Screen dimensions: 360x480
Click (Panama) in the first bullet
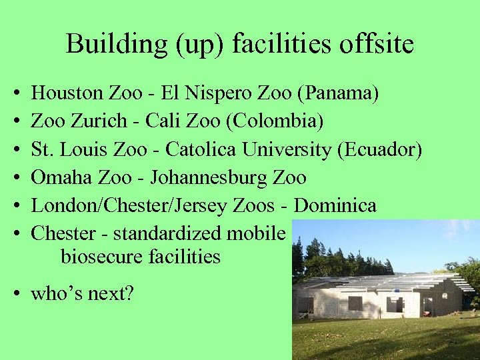pyautogui.click(x=339, y=93)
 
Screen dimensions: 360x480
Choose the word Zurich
pyautogui.click(x=99, y=121)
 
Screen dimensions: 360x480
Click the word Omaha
pyautogui.click(x=59, y=177)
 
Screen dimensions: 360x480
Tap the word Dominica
pyautogui.click(x=335, y=205)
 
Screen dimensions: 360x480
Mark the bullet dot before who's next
pyautogui.click(x=15, y=293)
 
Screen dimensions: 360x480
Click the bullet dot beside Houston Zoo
pyautogui.click(x=15, y=94)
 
